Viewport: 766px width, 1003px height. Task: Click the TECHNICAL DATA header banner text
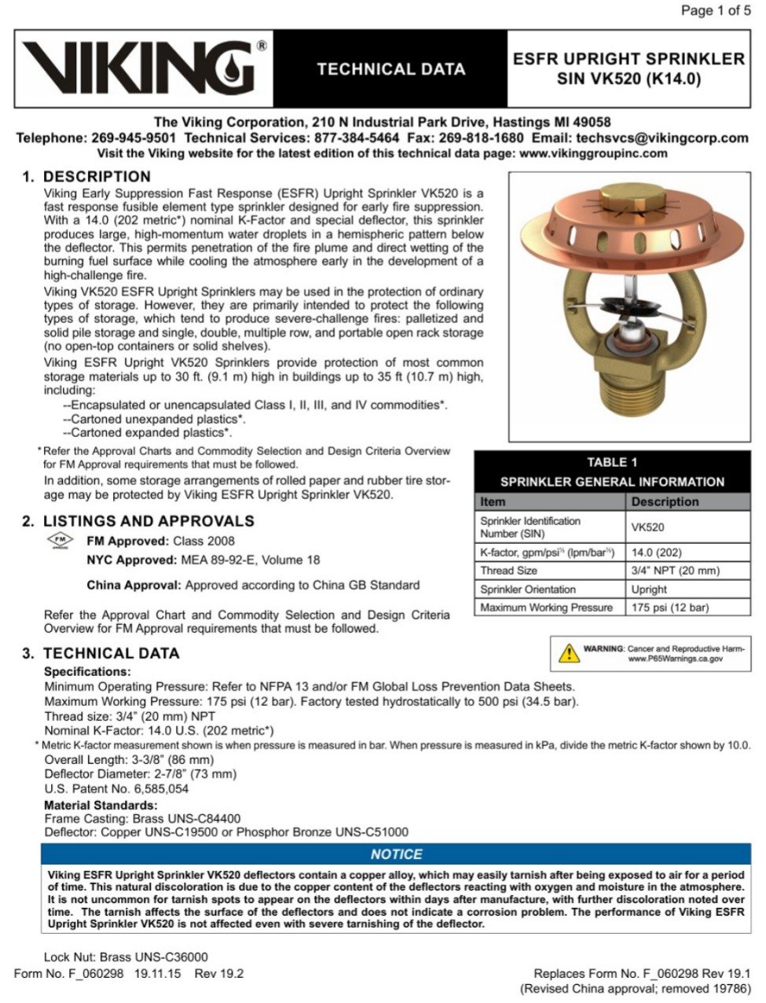tap(390, 69)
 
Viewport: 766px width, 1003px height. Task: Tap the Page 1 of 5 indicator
tap(715, 10)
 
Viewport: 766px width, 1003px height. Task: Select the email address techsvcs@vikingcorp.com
tap(662, 138)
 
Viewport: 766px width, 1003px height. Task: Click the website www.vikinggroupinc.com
tap(593, 153)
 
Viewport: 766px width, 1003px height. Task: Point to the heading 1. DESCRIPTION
tap(86, 177)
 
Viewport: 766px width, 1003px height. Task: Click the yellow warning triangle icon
tap(568, 652)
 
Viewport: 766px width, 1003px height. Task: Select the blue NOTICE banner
tap(396, 854)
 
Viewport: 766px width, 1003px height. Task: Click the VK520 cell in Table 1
tap(647, 527)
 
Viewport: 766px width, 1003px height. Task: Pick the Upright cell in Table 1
tap(649, 589)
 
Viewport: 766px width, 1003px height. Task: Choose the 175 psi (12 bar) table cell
tap(669, 608)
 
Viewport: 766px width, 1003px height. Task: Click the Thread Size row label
tap(509, 571)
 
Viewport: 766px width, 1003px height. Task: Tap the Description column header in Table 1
tap(665, 501)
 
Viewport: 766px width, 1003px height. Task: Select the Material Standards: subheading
tap(101, 805)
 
